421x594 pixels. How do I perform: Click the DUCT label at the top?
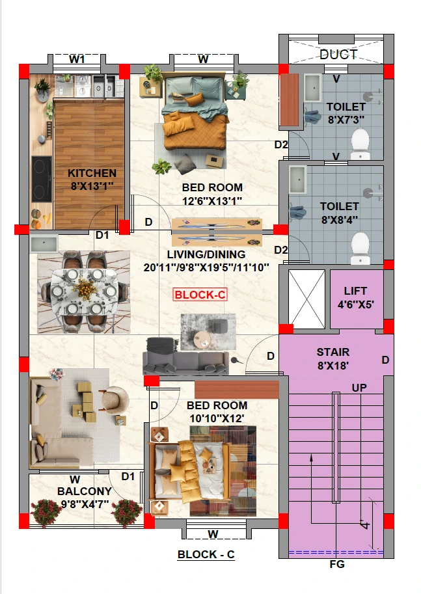338,55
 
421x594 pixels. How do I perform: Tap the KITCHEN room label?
92,173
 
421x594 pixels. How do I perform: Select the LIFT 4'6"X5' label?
355,297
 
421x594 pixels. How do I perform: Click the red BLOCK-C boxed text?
200,294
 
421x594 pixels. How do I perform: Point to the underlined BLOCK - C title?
206,554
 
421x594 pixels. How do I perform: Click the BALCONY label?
85,491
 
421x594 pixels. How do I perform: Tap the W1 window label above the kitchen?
77,59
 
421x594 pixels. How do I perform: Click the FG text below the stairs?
337,565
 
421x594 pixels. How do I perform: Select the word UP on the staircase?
359,388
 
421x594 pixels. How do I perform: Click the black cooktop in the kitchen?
42,179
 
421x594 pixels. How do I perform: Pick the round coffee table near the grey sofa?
202,340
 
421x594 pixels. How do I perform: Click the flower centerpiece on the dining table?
84,290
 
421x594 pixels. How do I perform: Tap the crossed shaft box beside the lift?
306,299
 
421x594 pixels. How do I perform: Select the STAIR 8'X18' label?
333,358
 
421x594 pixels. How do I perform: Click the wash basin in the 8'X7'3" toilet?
313,88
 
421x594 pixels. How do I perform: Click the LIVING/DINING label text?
206,254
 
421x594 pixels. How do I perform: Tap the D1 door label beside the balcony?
128,476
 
